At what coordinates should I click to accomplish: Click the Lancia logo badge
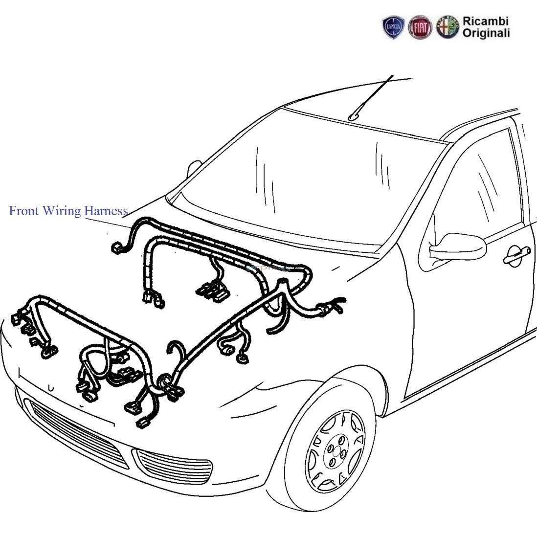click(x=394, y=27)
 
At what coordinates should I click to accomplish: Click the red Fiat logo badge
click(x=420, y=27)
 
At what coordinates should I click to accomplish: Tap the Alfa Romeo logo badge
click(x=447, y=27)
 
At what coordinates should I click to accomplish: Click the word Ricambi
click(x=485, y=21)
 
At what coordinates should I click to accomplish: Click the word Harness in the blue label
click(x=106, y=211)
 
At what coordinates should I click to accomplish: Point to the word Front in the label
click(x=23, y=211)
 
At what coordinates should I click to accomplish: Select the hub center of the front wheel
click(x=335, y=450)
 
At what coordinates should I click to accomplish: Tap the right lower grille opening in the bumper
click(x=174, y=467)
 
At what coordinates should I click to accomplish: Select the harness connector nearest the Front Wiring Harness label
click(x=117, y=248)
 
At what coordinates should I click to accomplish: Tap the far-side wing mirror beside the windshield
click(x=194, y=168)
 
